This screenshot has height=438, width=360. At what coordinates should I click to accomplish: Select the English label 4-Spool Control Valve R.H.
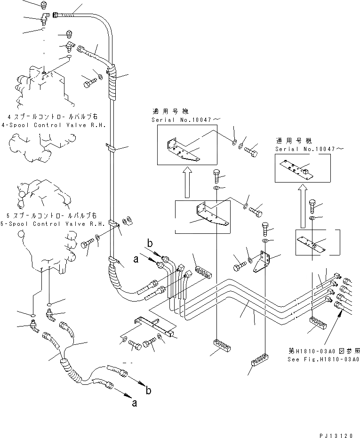point(56,126)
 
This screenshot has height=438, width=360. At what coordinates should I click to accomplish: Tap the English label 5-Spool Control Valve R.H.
point(56,224)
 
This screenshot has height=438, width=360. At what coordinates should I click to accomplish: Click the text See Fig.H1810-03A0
point(323,359)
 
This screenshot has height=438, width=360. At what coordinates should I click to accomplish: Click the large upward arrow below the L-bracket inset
point(187,184)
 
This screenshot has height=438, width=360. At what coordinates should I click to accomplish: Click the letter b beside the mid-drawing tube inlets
point(150,244)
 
